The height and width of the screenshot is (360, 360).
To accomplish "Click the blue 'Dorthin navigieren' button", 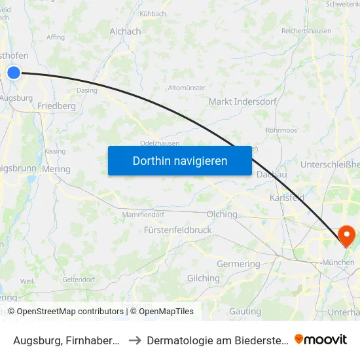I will click(x=180, y=160).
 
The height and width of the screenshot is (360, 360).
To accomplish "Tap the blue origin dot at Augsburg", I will click(x=14, y=73).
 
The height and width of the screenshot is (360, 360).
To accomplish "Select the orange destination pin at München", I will click(x=345, y=236).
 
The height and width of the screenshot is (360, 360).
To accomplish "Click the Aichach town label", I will click(x=125, y=31).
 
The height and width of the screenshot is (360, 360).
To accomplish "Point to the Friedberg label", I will click(x=57, y=105).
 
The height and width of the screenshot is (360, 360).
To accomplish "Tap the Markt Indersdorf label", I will click(x=242, y=101).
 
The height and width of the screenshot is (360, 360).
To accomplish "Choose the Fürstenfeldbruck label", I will click(x=177, y=230).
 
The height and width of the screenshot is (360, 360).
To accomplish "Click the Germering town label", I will click(x=238, y=264).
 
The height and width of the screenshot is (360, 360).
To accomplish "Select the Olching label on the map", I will click(x=222, y=214).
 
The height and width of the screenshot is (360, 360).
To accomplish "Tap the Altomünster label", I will click(x=187, y=88).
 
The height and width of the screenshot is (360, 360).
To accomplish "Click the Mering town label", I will click(x=56, y=168).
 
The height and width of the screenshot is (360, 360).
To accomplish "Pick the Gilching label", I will click(x=204, y=278).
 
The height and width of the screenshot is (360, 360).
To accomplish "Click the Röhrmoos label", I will click(x=281, y=130).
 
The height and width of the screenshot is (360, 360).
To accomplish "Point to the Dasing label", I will click(x=86, y=90).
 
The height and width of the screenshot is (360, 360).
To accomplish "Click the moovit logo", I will click(x=321, y=340).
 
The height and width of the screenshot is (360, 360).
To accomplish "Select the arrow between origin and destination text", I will click(x=134, y=340).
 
